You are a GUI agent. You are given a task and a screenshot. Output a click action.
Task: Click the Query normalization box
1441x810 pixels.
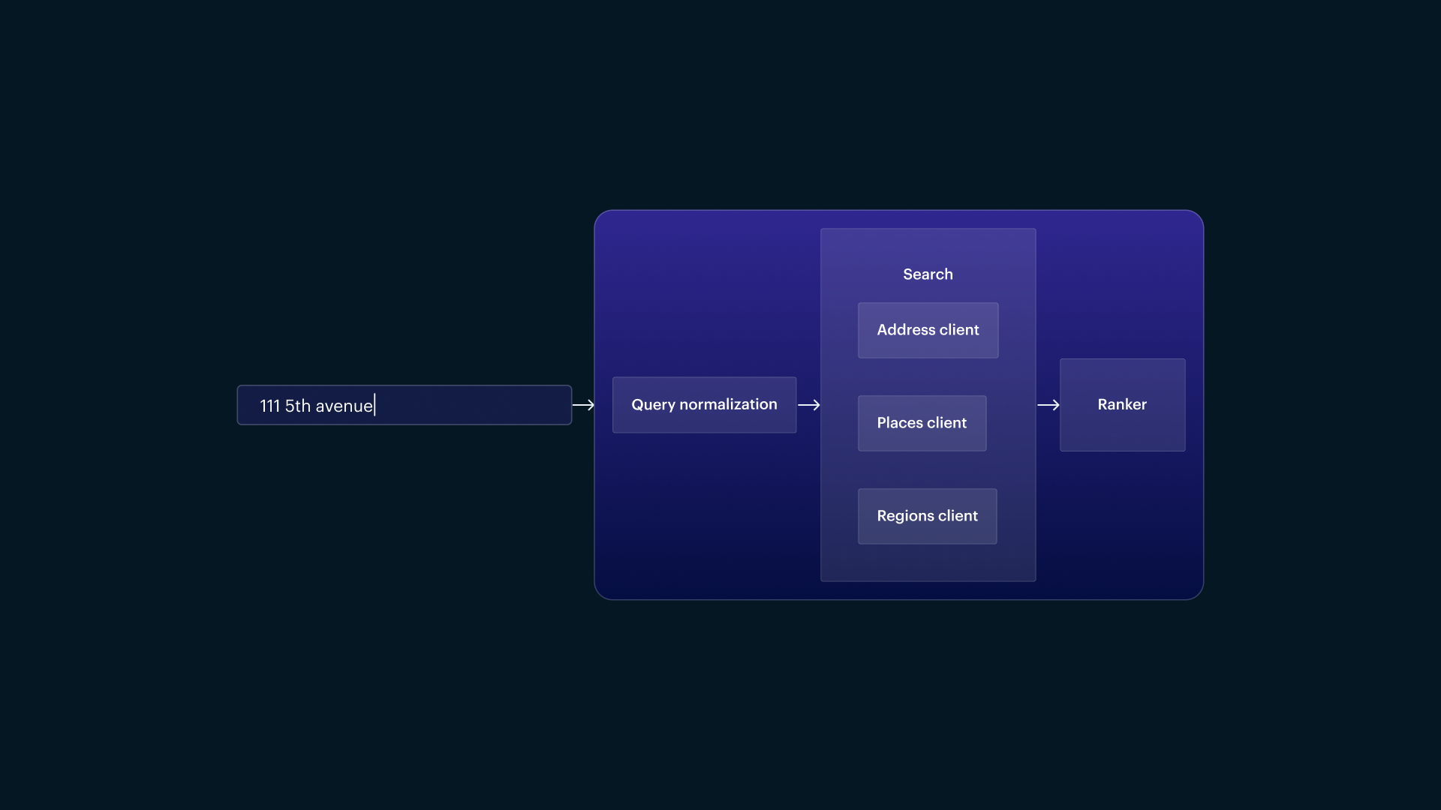[x=704, y=405]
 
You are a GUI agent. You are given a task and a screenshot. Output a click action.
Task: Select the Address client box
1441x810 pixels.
[x=928, y=330]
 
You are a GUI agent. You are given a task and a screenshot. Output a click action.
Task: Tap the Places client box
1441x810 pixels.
[x=922, y=423]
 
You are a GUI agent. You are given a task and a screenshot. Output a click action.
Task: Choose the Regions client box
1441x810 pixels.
[x=927, y=516]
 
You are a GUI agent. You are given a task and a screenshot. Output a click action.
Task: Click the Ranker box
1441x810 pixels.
[x=1122, y=405]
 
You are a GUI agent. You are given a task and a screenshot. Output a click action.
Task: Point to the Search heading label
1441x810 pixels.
[x=928, y=274]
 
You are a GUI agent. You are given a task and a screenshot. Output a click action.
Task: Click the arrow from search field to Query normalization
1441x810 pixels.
[x=583, y=405]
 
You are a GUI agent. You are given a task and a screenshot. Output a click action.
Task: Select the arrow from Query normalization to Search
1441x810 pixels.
[x=808, y=405]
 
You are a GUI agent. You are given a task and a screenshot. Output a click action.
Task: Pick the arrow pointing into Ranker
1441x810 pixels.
[x=1048, y=405]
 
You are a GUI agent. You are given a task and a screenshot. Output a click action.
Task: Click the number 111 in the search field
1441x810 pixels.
[x=269, y=406]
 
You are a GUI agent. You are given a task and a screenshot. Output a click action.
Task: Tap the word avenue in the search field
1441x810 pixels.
[x=344, y=406]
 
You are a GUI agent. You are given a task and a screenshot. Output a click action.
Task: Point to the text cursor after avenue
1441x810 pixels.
[x=375, y=405]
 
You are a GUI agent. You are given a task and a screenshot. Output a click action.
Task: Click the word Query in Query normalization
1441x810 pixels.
[x=653, y=405]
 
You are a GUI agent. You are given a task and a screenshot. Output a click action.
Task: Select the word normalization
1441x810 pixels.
[x=728, y=404]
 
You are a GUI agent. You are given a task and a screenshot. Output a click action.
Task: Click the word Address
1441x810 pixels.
[x=906, y=330]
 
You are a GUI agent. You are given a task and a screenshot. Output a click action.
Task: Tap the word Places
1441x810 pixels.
[x=900, y=423]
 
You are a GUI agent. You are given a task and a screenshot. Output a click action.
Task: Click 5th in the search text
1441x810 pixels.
[x=297, y=406]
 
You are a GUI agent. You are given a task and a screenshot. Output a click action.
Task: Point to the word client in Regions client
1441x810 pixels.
[x=958, y=516]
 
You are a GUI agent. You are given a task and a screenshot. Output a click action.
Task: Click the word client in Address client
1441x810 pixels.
[x=959, y=330]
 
